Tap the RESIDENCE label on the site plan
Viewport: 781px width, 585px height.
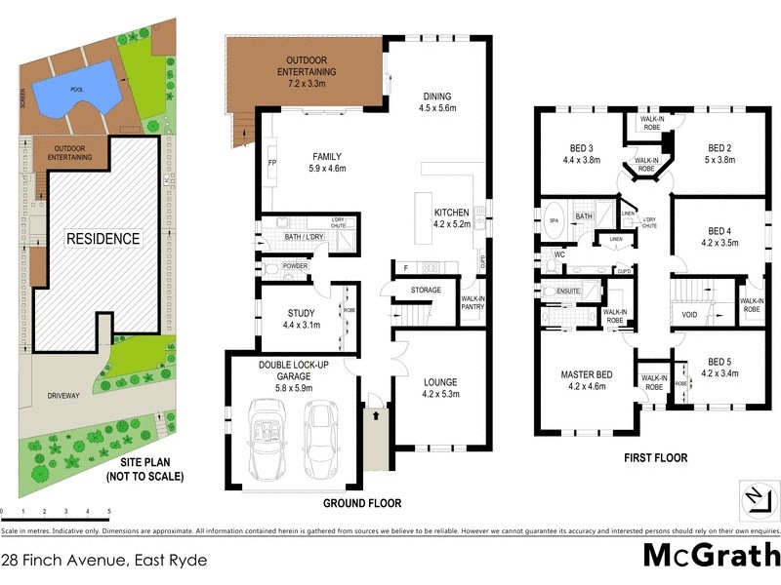[103, 238]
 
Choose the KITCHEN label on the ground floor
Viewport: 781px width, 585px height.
[452, 212]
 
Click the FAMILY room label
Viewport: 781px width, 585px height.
[327, 156]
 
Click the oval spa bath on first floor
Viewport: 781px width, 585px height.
[553, 220]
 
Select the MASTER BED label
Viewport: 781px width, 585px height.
[586, 375]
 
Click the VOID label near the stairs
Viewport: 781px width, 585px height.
[689, 315]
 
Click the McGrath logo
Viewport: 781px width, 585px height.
[711, 557]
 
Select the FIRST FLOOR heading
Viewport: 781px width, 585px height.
[655, 457]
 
